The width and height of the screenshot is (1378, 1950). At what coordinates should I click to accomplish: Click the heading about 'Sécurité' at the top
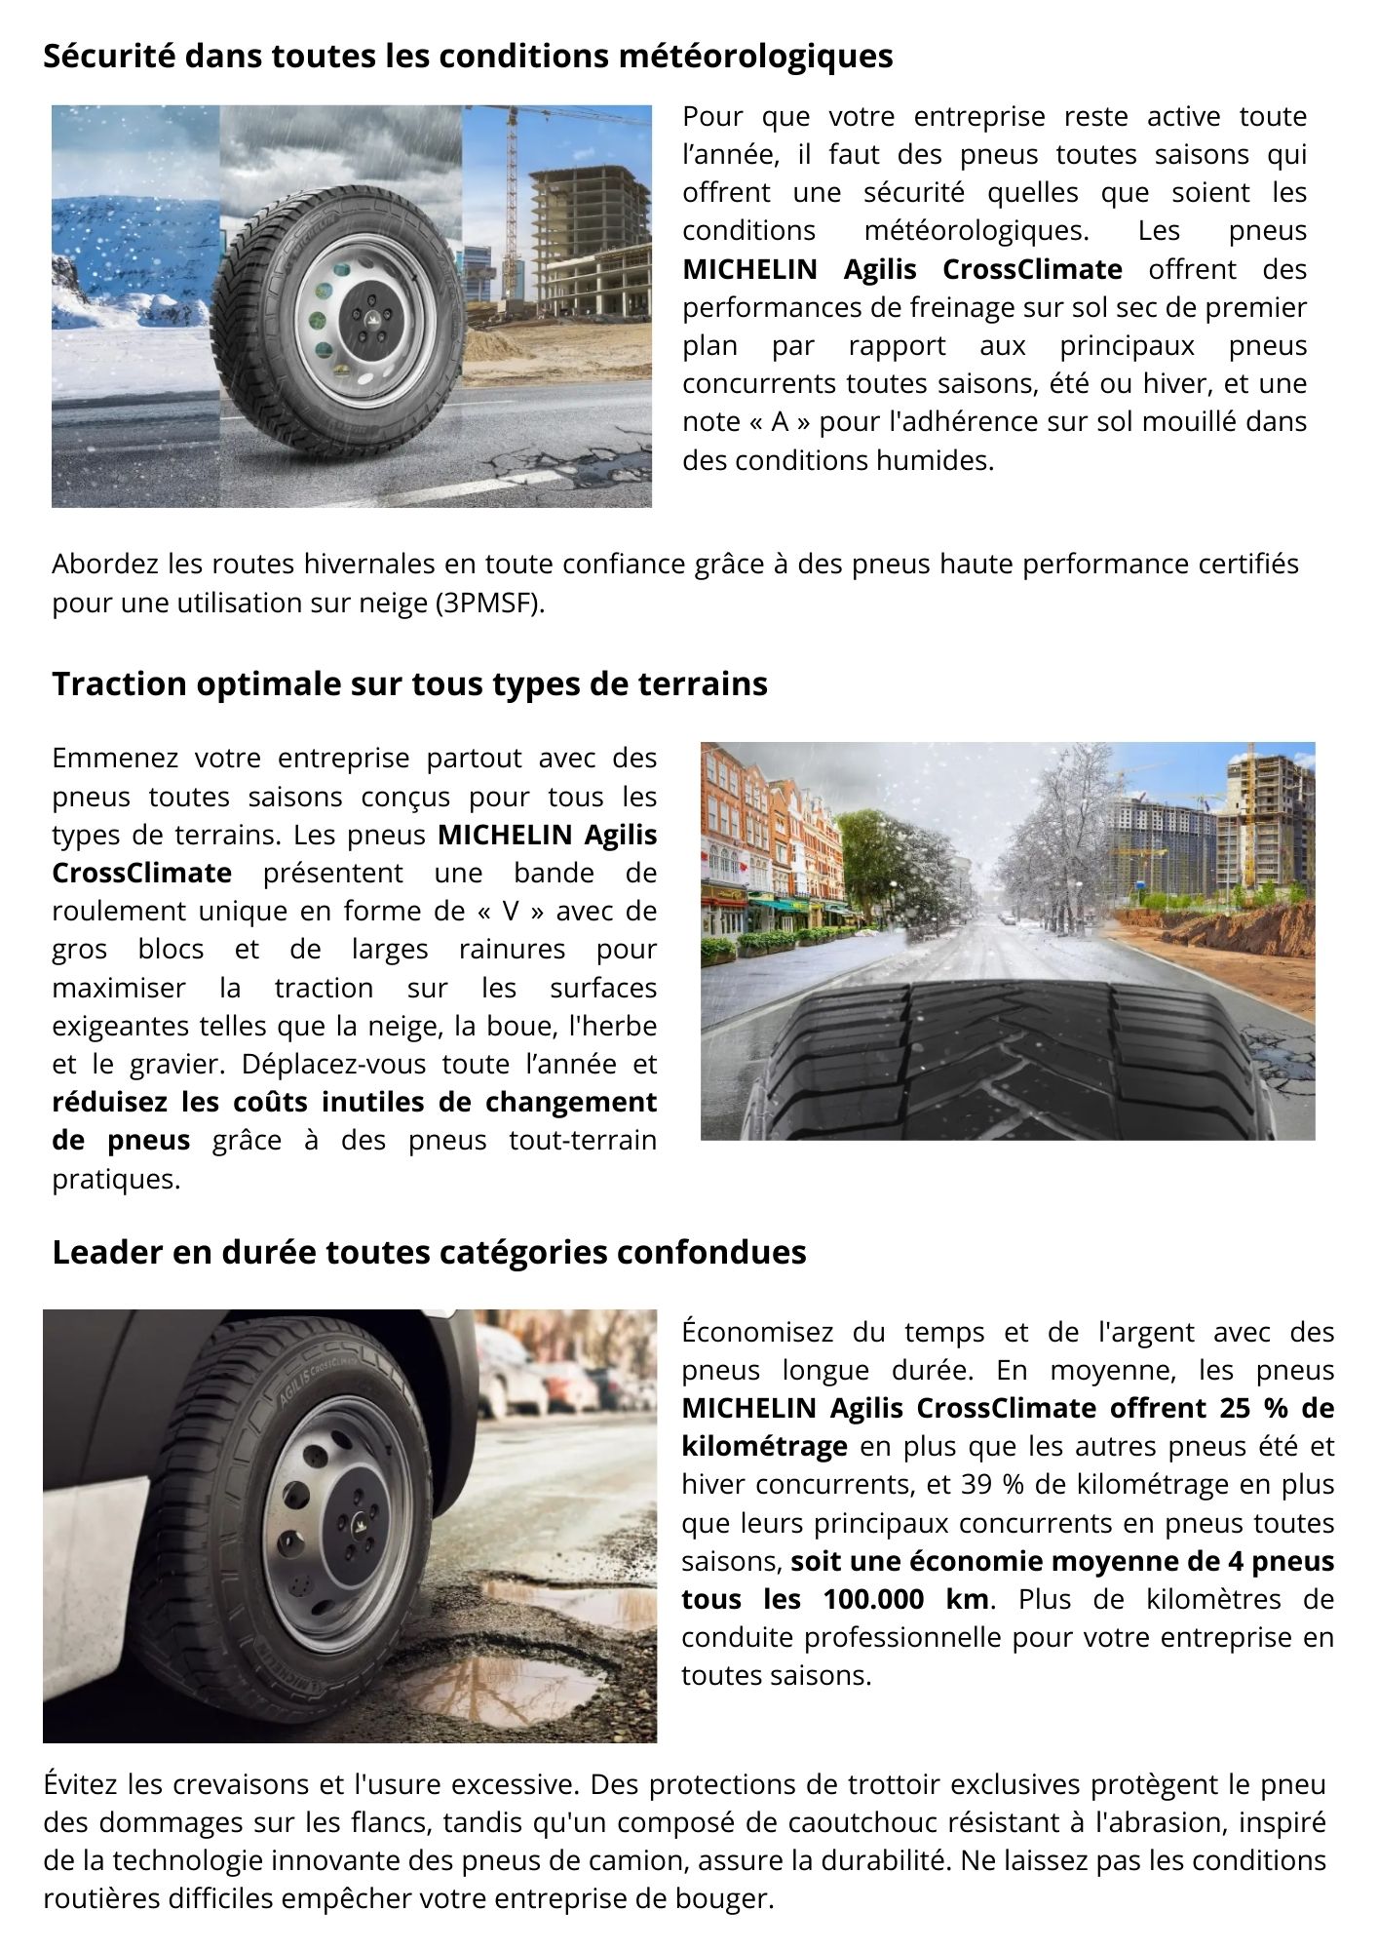468,57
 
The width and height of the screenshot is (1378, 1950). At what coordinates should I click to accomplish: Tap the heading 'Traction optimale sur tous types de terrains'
409,683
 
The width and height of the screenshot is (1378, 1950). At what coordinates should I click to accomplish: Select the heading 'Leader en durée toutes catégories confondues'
429,1252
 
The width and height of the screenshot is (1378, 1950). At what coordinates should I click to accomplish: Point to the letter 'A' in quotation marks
779,421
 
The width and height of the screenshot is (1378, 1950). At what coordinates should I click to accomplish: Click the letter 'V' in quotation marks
508,911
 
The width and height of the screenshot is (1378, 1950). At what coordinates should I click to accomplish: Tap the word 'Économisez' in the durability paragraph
757,1332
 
